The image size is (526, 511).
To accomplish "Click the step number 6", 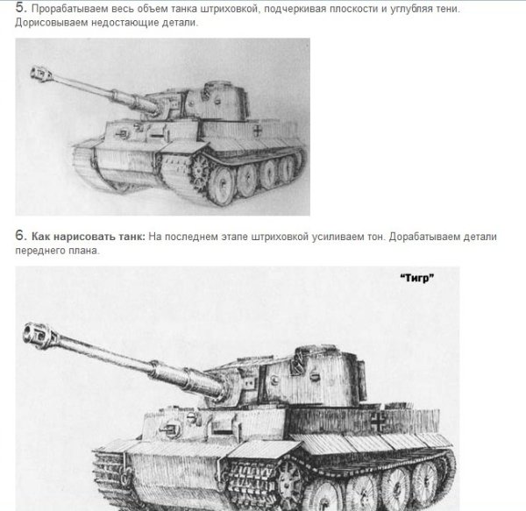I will coord(20,237).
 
